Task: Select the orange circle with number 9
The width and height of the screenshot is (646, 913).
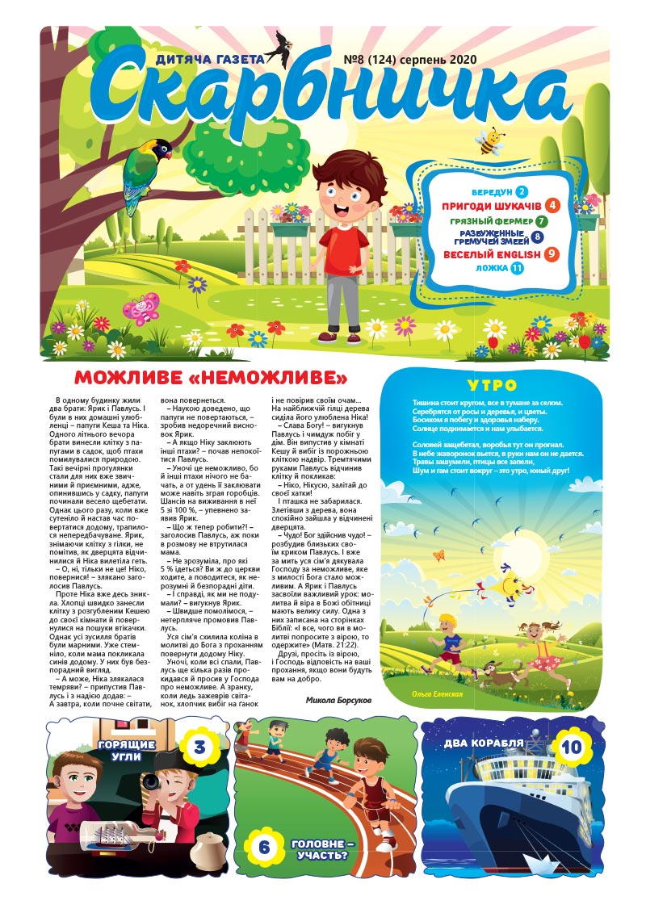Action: [x=552, y=254]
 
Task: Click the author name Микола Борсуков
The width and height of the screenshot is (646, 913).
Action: [x=338, y=700]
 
